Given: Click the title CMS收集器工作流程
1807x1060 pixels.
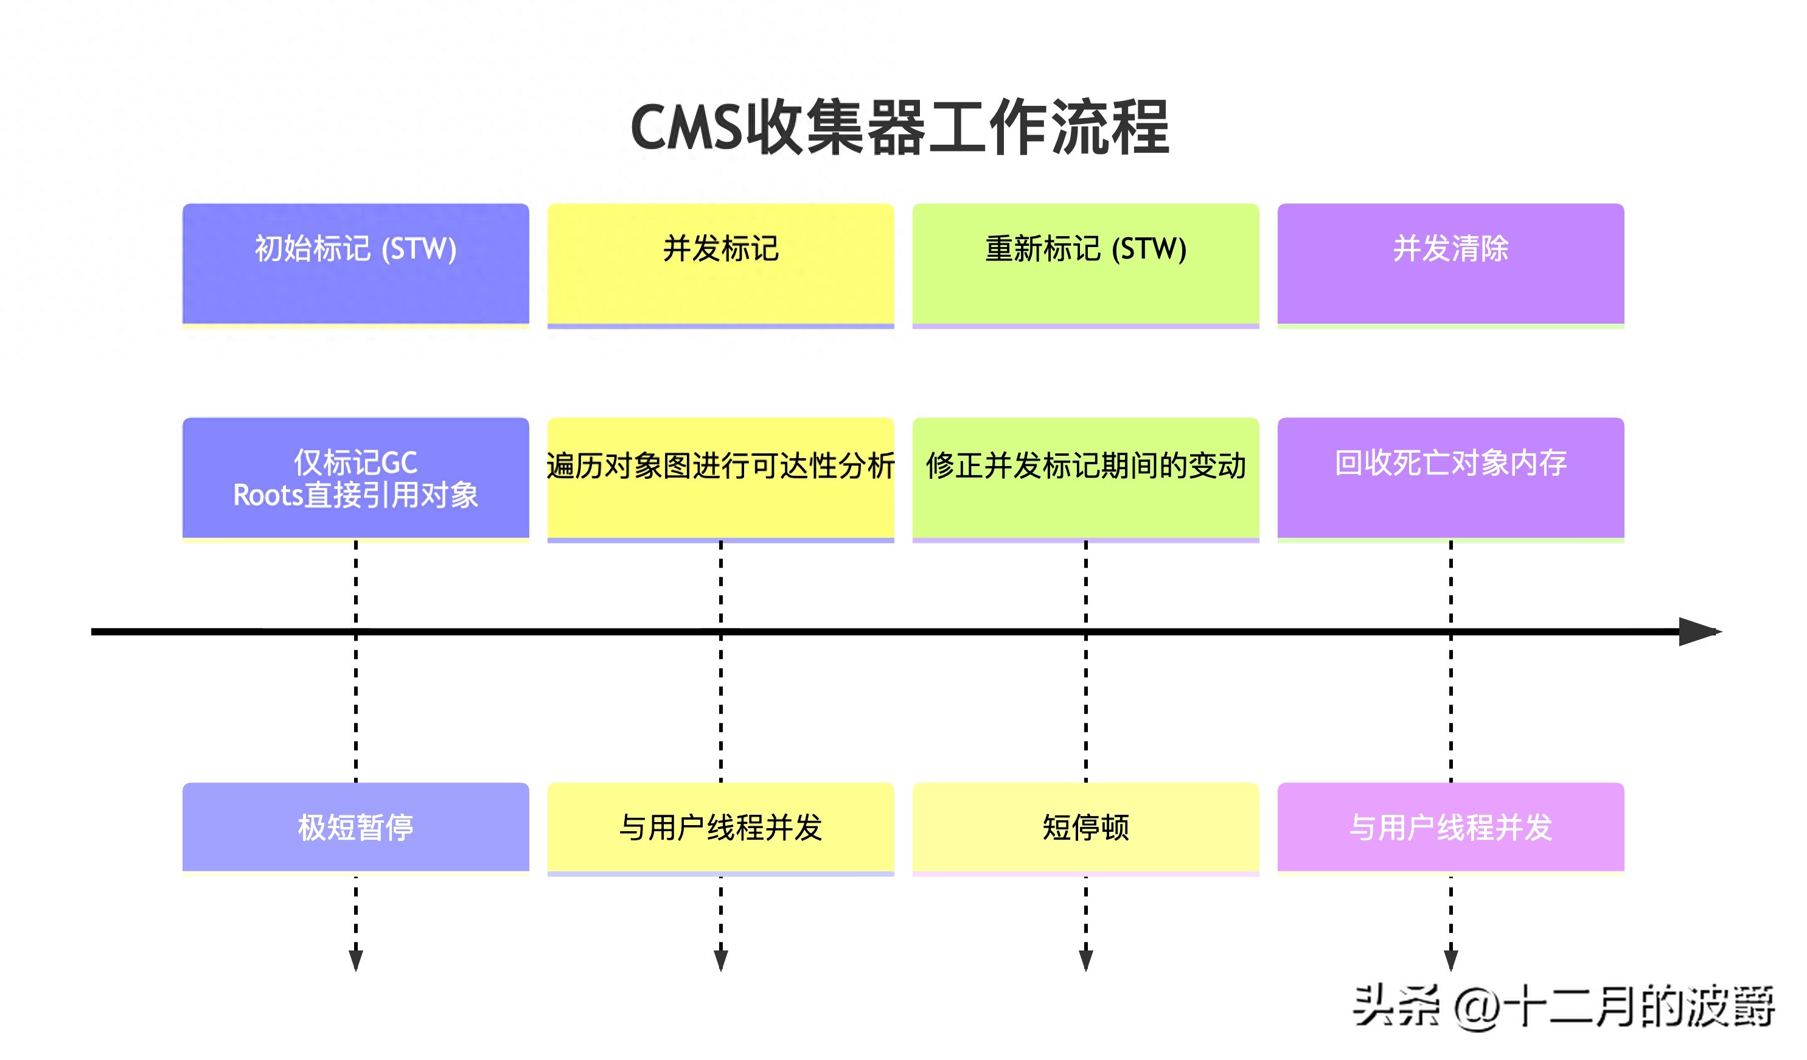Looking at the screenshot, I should (x=900, y=128).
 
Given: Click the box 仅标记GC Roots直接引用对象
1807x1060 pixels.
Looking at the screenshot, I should (x=356, y=478).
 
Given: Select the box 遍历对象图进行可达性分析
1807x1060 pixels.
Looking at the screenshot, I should (x=720, y=478).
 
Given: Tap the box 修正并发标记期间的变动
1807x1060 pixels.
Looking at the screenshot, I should (x=1085, y=478).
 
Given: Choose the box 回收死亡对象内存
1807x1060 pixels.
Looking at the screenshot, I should (x=1450, y=478).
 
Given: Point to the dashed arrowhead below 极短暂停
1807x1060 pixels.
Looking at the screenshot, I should (x=356, y=960).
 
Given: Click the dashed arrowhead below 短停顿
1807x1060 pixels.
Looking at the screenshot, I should (x=1085, y=960).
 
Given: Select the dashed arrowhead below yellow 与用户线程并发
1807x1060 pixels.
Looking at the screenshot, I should (x=720, y=960).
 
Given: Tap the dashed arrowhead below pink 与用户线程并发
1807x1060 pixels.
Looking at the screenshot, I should (x=1450, y=960).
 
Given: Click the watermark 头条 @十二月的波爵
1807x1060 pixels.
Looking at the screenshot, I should (x=1563, y=1007).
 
